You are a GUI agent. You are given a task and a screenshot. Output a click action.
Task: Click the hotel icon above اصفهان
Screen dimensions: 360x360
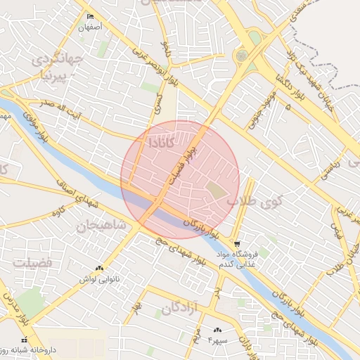pyautogui.click(x=89, y=17)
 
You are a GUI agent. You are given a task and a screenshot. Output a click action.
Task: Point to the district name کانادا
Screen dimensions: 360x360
pyautogui.click(x=162, y=141)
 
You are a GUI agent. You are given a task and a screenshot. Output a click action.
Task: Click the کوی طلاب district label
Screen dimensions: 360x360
pyautogui.click(x=249, y=202)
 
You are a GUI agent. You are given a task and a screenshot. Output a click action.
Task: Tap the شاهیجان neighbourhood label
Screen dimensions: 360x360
pyautogui.click(x=102, y=226)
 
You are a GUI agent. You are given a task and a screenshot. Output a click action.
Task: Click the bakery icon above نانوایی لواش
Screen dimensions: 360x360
pyautogui.click(x=99, y=268)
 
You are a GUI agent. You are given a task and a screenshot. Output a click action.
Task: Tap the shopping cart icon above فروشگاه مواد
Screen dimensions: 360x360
pyautogui.click(x=236, y=243)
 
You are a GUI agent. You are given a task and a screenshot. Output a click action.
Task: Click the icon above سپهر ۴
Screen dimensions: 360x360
pyautogui.click(x=217, y=329)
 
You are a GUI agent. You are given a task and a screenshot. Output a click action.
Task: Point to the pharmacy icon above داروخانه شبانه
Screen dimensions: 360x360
pyautogui.click(x=25, y=340)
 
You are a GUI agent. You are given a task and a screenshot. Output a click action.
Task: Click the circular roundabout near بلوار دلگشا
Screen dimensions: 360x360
pyautogui.click(x=243, y=55)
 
